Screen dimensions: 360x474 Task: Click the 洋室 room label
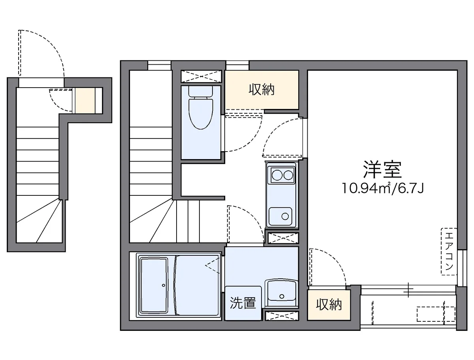(382, 170)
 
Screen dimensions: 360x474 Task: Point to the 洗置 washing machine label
(243, 303)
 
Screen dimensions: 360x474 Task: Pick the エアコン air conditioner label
(449, 251)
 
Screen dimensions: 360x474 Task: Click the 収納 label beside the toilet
(261, 90)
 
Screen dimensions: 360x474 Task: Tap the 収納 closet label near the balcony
(329, 304)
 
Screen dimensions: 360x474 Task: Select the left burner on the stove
(275, 174)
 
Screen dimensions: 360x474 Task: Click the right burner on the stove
(288, 174)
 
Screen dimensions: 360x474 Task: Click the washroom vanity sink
(281, 292)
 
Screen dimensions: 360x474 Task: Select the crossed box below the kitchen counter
(283, 238)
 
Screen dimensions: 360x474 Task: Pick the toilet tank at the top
(201, 91)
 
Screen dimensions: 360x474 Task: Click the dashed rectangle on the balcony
(431, 315)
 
